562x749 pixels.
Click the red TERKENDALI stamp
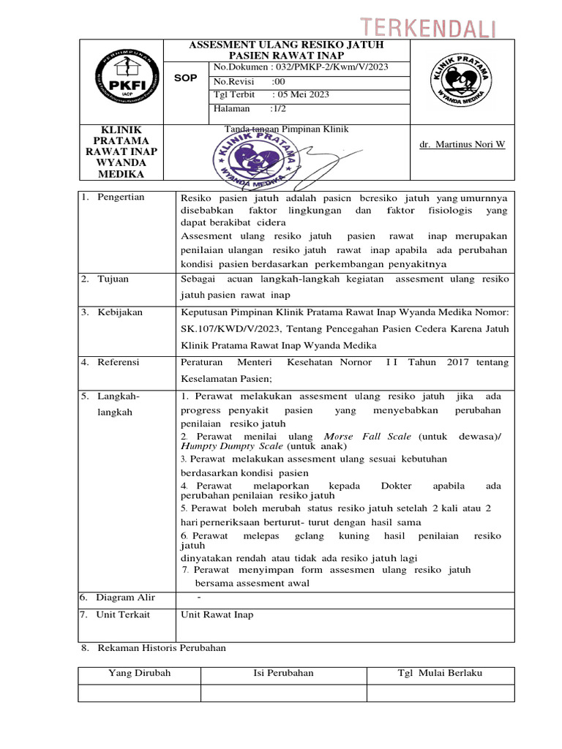coord(437,29)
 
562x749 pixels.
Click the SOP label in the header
coord(185,78)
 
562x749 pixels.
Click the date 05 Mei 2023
coord(301,95)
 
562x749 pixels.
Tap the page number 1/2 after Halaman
coord(280,109)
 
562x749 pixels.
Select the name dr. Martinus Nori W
coord(462,144)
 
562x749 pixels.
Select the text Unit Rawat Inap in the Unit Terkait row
coord(217,614)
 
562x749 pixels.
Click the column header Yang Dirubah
coord(139,673)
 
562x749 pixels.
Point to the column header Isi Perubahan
coord(283,673)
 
